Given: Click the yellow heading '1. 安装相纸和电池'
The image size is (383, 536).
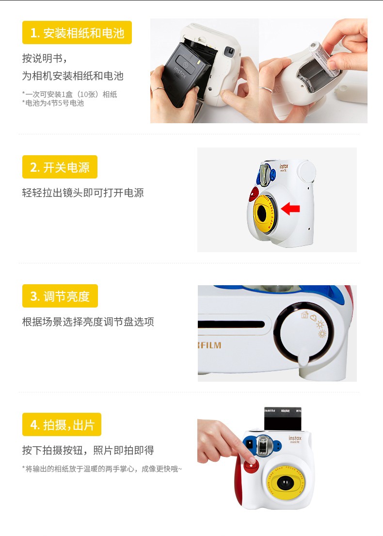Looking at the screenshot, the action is point(77,33).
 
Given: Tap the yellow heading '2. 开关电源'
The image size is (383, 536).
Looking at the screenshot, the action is point(60,167).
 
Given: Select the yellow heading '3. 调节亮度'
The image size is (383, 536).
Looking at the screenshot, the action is point(60,296).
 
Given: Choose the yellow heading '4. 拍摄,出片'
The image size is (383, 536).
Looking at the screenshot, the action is point(62,424).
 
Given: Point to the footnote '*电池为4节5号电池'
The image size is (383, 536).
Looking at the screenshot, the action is point(53,103).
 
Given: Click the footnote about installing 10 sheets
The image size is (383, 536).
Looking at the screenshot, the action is point(70,95).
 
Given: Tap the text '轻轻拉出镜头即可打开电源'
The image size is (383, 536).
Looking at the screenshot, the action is point(83,193).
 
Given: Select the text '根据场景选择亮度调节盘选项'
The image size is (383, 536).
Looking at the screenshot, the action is point(88,322).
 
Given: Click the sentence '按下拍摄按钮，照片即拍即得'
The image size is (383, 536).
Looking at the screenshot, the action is point(88,450).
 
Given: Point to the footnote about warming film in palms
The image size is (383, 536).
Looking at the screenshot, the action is point(102,469).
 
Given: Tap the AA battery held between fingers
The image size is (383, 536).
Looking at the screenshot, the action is point(323,59).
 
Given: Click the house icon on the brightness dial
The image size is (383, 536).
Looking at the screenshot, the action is point(305,314).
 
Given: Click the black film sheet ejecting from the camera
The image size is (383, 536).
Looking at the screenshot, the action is point(283,419).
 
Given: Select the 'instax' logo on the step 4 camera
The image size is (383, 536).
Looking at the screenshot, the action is point(295,438).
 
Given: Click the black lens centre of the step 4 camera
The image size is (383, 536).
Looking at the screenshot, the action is point(285,483).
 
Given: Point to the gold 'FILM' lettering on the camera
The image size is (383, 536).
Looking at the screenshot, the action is point(210,345).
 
